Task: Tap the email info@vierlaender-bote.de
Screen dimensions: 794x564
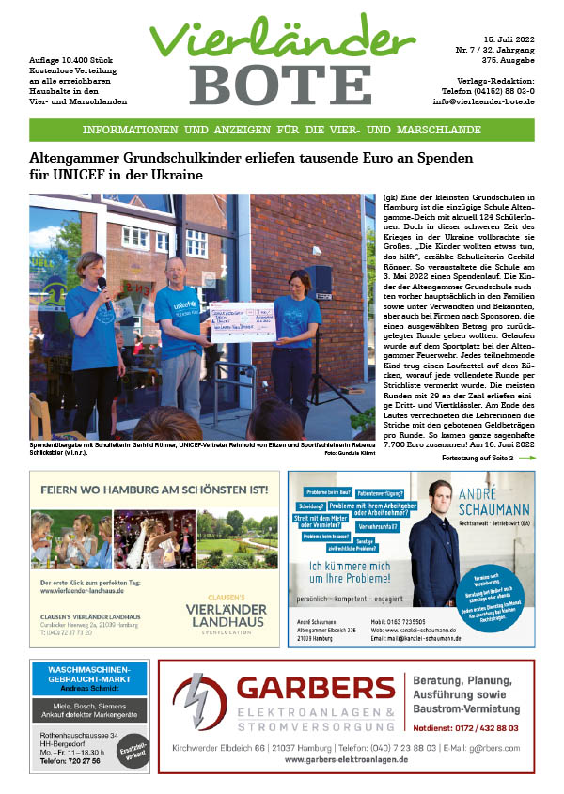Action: point(483,101)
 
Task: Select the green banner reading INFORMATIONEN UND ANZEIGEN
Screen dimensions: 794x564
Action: point(282,130)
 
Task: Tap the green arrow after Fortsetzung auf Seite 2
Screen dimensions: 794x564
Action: point(527,458)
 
